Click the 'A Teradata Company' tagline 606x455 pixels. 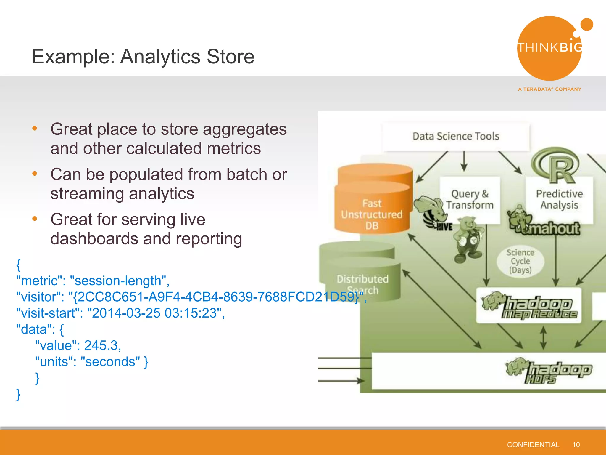coord(549,89)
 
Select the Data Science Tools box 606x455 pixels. coord(456,136)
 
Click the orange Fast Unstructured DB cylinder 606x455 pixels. coord(372,204)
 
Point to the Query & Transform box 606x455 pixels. coord(470,199)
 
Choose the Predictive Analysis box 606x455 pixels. coord(559,199)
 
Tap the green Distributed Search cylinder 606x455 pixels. coord(361,275)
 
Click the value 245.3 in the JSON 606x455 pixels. coord(101,346)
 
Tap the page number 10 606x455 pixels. coord(576,445)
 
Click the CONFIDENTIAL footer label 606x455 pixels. coord(533,445)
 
